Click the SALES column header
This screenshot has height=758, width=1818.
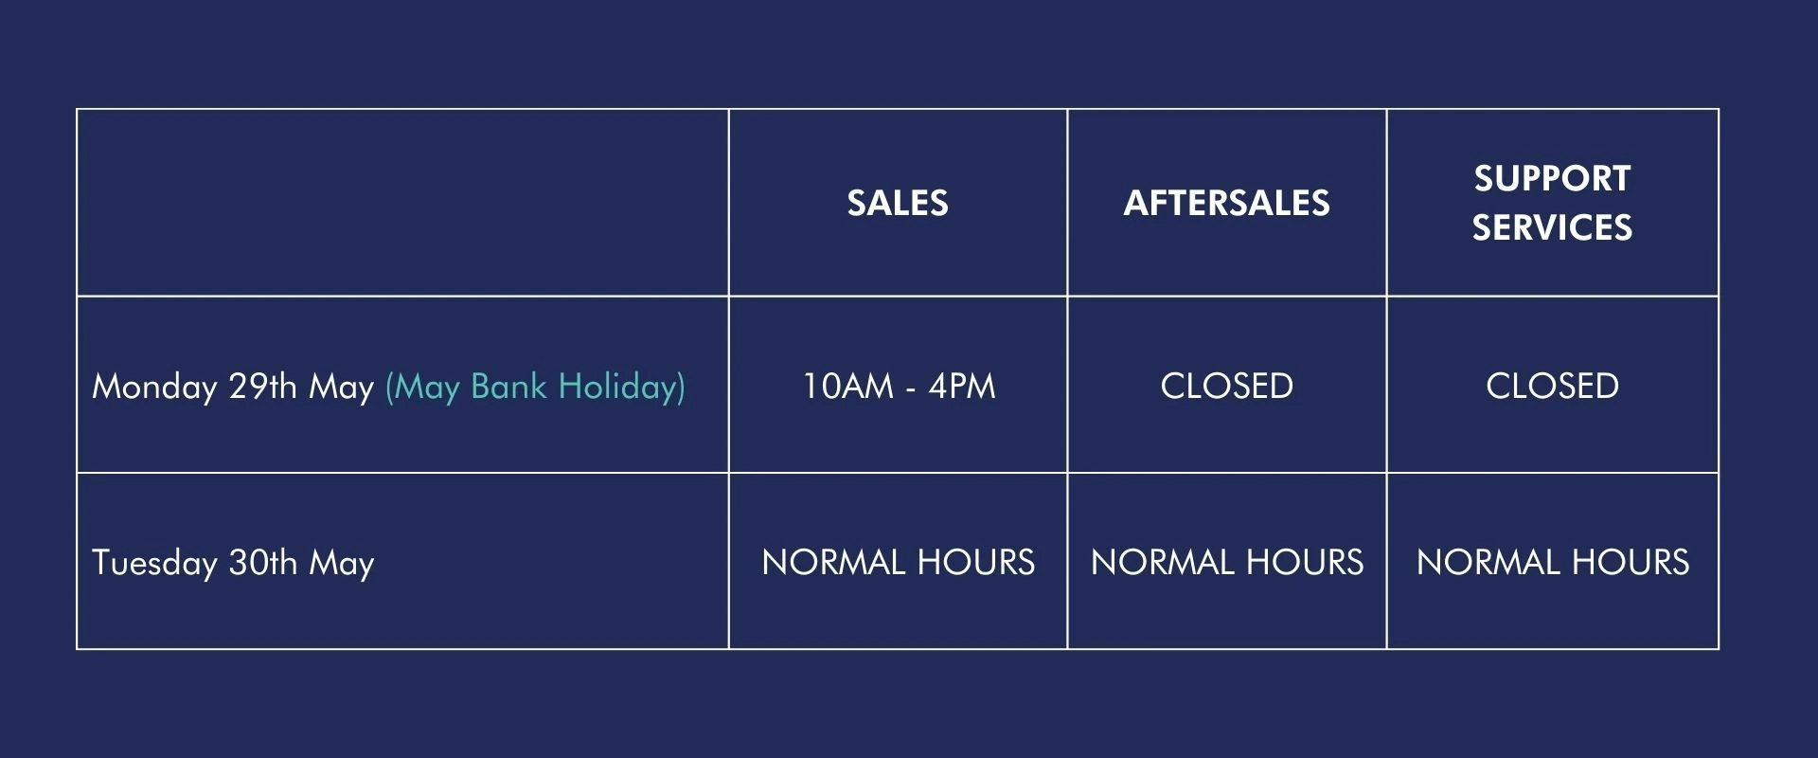(898, 203)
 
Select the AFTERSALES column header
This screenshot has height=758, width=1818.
(1226, 203)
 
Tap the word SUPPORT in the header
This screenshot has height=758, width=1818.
(1552, 178)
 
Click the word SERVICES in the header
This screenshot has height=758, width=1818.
(1552, 227)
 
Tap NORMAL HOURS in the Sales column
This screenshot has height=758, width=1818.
(898, 563)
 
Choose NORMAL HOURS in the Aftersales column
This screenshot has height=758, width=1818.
(1226, 563)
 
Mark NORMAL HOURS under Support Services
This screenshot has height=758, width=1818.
(1552, 563)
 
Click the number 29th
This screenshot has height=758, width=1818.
(262, 387)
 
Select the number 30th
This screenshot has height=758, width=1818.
(262, 563)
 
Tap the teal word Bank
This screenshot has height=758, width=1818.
(508, 387)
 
